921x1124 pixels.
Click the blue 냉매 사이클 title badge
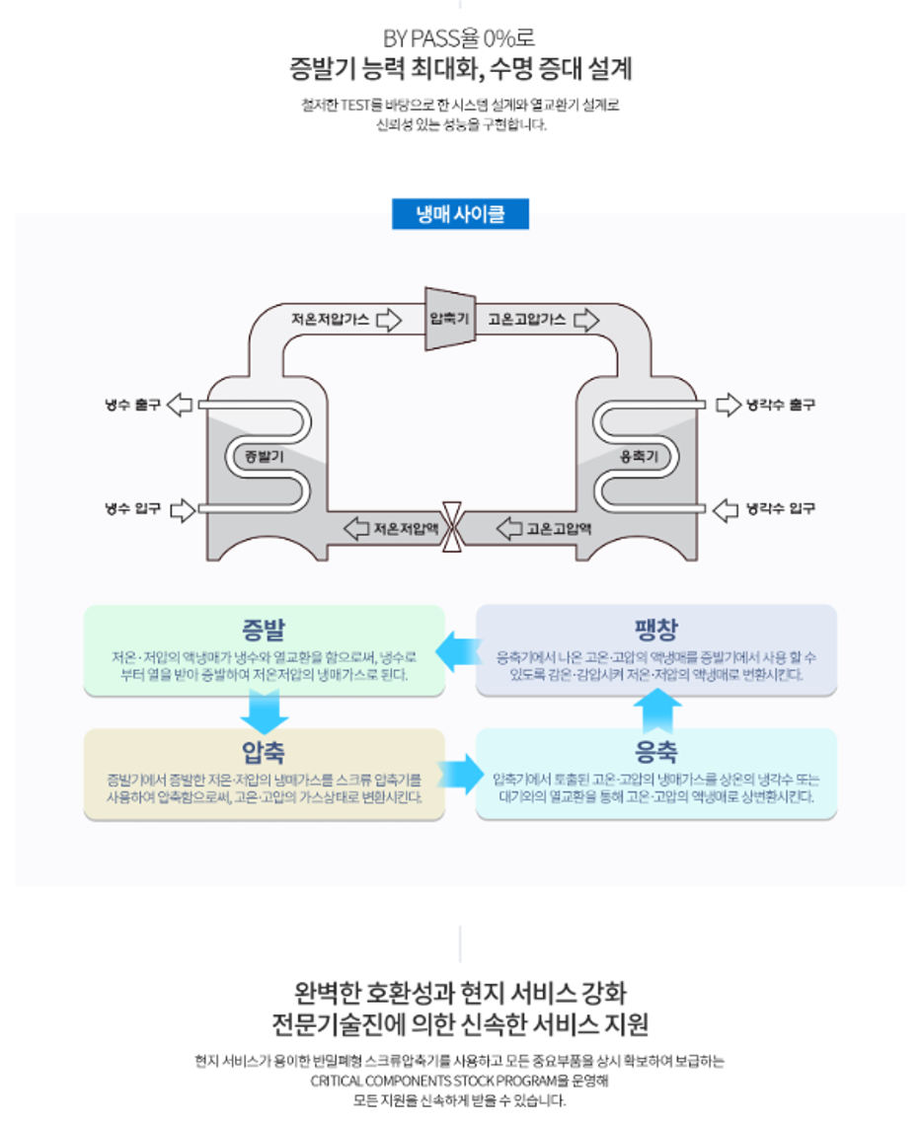coord(460,214)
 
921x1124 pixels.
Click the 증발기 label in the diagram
coord(264,456)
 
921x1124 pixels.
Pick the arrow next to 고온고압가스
coord(587,320)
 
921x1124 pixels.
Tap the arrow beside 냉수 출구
coord(181,404)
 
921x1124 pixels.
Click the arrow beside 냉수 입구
coord(183,509)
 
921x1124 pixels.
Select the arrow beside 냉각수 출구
coord(728,404)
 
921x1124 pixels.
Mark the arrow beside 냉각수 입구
coord(726,509)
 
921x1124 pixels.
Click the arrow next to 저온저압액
coord(355,528)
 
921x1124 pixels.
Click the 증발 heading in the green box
coord(264,629)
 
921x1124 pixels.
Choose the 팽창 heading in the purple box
coord(656,629)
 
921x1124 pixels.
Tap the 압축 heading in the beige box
coord(264,752)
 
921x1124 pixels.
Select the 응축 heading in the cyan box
coord(656,752)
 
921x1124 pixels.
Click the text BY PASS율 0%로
coord(460,39)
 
